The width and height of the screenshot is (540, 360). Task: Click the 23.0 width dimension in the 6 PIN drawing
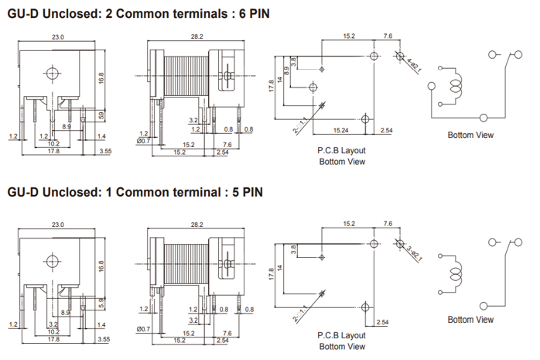57,36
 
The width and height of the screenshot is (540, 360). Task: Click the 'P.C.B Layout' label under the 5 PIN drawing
341,336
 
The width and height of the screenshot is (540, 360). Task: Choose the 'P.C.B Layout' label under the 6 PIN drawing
341,151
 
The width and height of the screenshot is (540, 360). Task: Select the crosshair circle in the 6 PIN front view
53,74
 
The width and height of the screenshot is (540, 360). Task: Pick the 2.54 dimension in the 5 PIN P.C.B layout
383,322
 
